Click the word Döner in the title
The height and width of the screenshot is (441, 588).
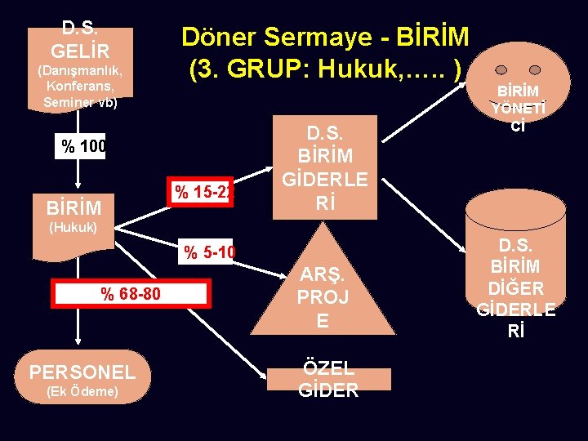216,37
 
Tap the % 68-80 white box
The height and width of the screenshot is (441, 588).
131,293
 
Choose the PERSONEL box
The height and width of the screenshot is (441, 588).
82,372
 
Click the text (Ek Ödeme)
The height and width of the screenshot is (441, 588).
82,392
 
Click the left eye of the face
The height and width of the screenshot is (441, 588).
501,70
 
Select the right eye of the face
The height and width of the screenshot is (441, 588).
534,70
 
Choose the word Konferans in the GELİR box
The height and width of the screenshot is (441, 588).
80,86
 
